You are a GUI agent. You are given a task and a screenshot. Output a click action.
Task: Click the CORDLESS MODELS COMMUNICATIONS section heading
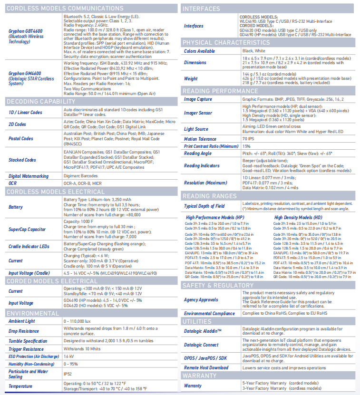pyautogui.click(x=59, y=8)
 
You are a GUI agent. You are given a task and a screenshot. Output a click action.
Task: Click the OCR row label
pyautogui.click(x=13, y=183)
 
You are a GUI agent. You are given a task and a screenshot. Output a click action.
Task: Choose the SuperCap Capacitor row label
pyautogui.click(x=28, y=229)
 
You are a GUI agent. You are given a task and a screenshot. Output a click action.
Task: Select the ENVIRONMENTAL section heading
pyautogui.click(x=33, y=313)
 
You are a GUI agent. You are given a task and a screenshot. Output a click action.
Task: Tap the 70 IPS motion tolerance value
pyautogui.click(x=248, y=139)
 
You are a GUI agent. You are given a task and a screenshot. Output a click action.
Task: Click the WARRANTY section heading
pyautogui.click(x=200, y=376)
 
